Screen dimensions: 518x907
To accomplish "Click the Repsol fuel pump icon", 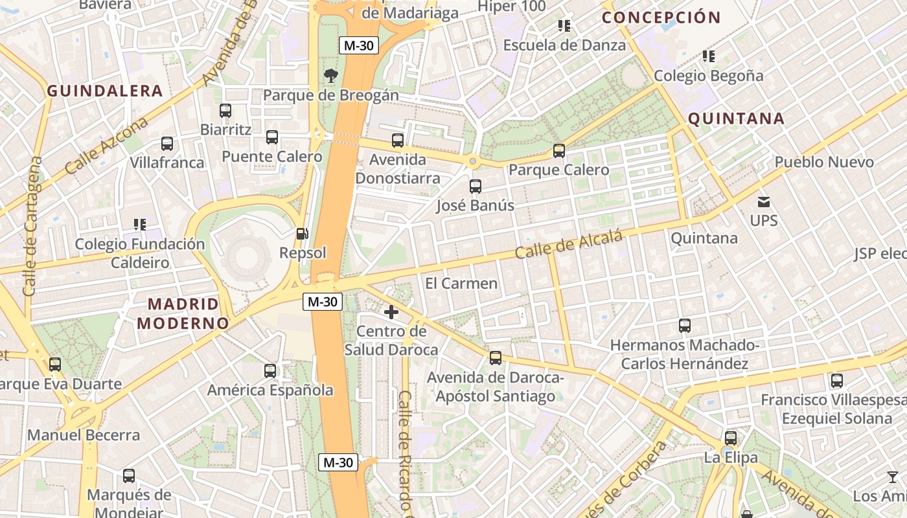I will coord(301,234).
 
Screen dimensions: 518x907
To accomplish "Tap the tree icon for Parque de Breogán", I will coord(331,76).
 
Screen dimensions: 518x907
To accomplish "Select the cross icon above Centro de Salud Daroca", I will coord(391,313).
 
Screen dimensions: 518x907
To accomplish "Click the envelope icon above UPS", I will coord(764,202).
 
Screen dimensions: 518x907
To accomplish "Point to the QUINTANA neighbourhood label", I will coord(736,119).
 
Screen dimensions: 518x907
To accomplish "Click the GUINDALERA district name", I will coord(104,91).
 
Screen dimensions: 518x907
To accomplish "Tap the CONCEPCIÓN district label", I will coord(661,17).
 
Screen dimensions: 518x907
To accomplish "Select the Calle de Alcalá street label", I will coord(569,244).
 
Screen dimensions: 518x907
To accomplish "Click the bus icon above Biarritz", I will coord(225,111).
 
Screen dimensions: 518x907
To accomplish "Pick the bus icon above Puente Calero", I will coord(272,137).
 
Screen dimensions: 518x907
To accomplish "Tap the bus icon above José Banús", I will coord(476,186).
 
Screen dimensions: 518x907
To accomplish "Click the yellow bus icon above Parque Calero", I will coord(558,151).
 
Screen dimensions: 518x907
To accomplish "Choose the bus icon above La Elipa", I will coord(731,438).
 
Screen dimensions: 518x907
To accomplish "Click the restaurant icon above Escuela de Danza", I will coord(564,26).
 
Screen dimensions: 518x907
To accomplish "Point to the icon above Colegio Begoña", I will coord(709,56).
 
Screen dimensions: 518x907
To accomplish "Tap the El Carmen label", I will coord(461,284).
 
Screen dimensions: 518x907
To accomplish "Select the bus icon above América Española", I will coord(270,371).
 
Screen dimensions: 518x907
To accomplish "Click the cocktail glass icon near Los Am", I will coord(893,477).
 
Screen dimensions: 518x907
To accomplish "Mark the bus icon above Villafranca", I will coord(167,144).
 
